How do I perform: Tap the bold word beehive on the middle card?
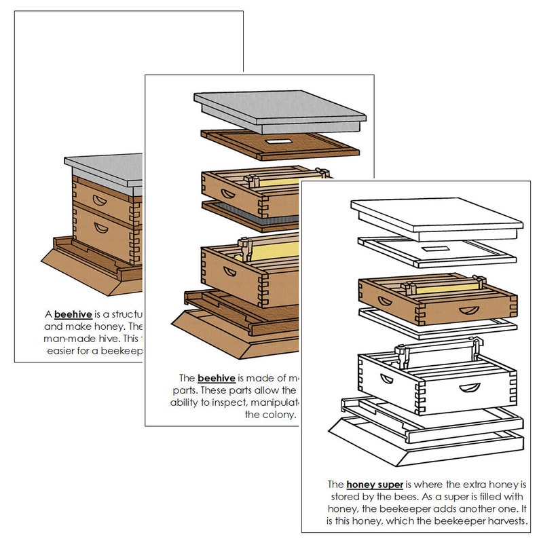coord(217,377)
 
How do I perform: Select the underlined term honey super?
coord(375,485)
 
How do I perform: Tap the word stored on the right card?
coord(339,497)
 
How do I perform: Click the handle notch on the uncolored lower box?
coord(468,388)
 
